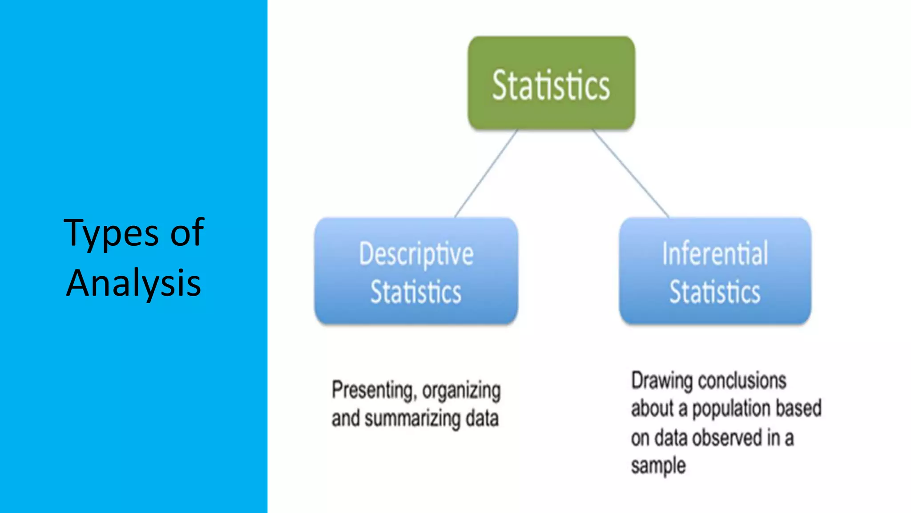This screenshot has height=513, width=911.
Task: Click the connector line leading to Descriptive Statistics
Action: (486, 174)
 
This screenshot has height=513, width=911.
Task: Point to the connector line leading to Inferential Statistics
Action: (631, 174)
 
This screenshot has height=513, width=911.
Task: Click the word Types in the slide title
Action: (111, 233)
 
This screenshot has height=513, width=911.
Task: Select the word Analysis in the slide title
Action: (133, 283)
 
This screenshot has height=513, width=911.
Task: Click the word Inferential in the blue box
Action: (715, 254)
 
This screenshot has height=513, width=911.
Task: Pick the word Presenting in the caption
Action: (373, 391)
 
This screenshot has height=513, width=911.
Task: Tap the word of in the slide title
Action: (187, 233)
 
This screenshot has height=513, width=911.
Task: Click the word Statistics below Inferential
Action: (715, 292)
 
